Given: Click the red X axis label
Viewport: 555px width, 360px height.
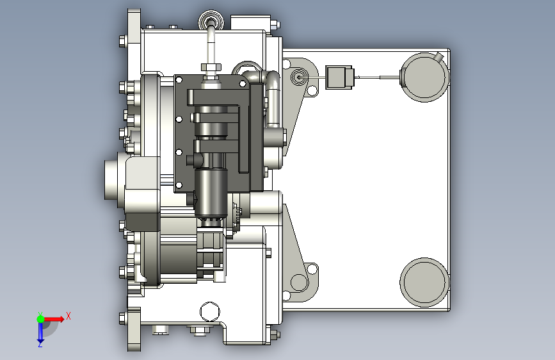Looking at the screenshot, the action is pos(68,316).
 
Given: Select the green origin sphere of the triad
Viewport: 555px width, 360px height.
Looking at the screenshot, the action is pos(41,319).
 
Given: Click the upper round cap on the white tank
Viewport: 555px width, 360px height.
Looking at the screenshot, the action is pos(424,78).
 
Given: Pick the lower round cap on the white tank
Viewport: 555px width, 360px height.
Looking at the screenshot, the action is pos(424,282).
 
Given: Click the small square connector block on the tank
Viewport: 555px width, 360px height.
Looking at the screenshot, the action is pos(339,78).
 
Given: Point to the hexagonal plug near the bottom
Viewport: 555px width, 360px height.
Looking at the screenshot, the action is pos(210,312).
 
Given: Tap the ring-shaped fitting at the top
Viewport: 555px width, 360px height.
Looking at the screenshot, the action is pos(211,20).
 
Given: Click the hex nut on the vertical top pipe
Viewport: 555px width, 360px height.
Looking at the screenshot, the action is pos(211,67).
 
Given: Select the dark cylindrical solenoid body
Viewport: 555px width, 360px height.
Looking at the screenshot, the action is pos(211,192).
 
